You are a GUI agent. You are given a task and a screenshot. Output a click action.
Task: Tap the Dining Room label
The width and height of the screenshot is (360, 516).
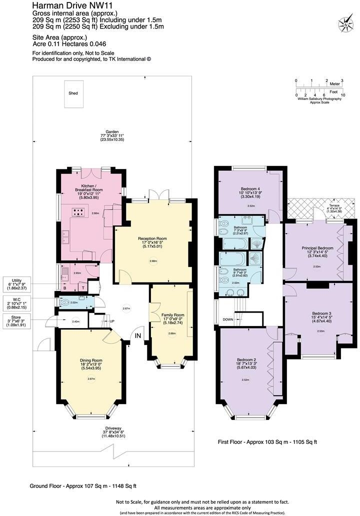tap(90, 359)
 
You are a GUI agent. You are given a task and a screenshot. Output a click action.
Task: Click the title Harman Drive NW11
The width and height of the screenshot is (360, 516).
tap(65, 5)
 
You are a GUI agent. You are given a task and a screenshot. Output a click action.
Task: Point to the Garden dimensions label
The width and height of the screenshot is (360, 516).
tap(104, 135)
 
